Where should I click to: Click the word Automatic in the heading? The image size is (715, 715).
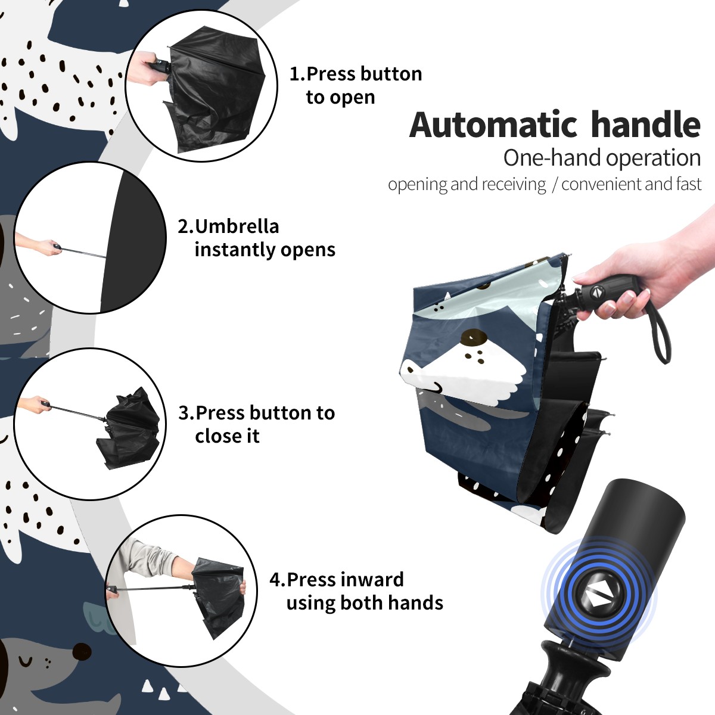tap(493, 125)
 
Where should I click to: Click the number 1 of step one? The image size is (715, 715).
tap(295, 74)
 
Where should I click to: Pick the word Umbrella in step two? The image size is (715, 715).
tap(237, 226)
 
